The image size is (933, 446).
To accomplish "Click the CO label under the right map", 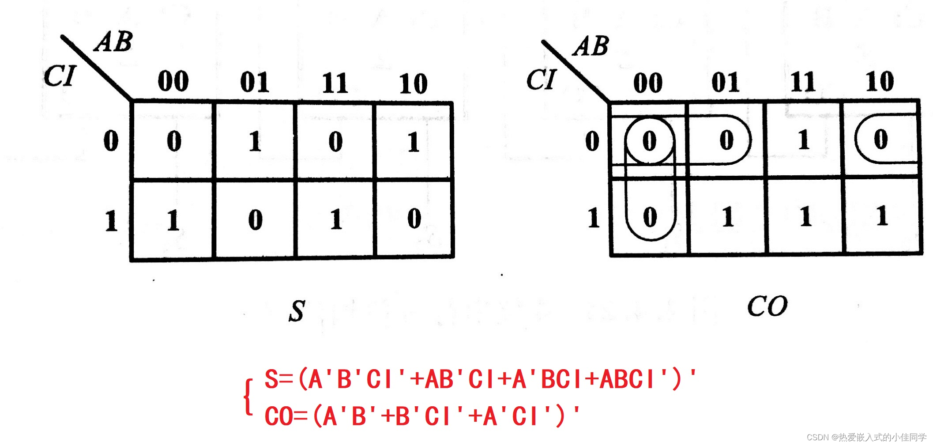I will [767, 306].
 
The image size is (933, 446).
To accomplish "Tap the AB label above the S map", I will [113, 42].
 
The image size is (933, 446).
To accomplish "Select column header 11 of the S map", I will [335, 83].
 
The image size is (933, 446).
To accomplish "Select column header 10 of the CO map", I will [880, 82].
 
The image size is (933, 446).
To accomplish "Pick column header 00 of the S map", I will [173, 81].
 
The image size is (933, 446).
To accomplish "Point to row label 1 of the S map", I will [111, 221].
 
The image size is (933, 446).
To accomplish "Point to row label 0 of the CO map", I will [592, 141].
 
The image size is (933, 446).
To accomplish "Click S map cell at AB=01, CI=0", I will [255, 142].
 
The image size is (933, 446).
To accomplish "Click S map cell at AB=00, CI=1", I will [173, 220].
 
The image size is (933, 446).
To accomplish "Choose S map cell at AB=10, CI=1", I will [414, 219].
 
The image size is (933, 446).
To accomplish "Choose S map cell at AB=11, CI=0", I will [335, 142].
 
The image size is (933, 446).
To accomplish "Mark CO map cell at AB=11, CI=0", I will [804, 140].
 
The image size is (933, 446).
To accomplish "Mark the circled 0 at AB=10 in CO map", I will [880, 139].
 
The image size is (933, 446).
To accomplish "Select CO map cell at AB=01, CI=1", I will [727, 217].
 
